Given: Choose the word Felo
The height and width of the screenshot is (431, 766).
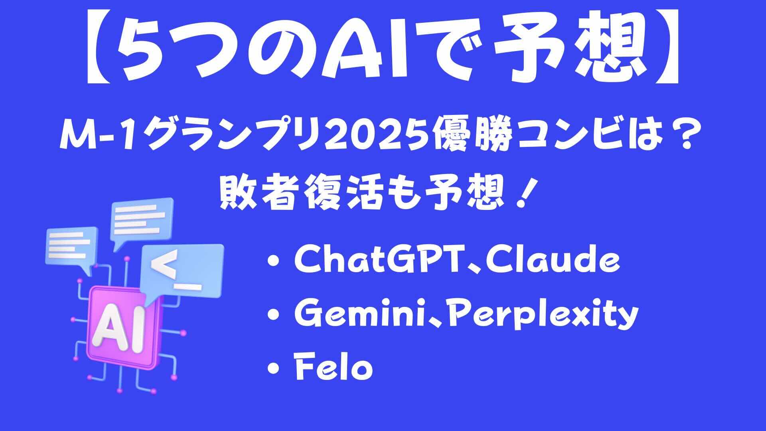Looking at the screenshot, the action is coord(334,368).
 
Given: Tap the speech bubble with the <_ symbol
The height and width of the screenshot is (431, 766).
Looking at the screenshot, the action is coord(182,271).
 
